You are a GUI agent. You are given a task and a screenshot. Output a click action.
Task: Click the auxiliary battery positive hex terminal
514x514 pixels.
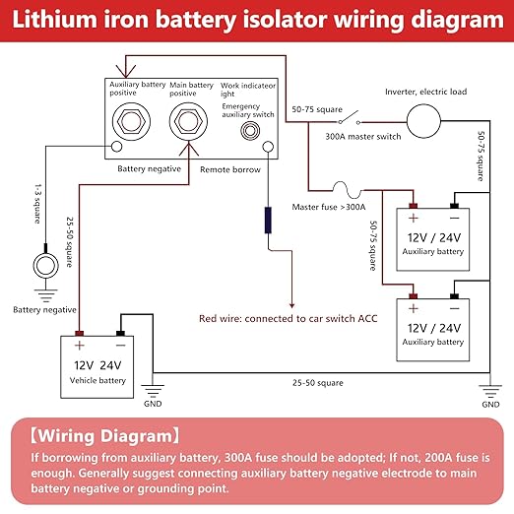(x=131, y=121)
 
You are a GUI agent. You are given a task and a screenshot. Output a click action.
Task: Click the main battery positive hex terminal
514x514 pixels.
(x=188, y=121)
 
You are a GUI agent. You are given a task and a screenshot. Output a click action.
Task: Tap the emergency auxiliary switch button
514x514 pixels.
(x=250, y=131)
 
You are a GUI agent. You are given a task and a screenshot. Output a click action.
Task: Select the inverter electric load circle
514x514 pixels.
(x=423, y=121)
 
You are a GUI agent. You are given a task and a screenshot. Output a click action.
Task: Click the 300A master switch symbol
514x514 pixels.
(x=350, y=118)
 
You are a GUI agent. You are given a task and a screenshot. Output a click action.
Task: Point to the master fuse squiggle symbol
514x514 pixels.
(x=347, y=190)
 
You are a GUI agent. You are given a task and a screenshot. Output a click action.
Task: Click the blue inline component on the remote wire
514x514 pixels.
(x=268, y=220)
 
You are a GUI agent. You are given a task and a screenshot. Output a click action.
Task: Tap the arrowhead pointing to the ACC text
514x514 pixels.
(x=291, y=305)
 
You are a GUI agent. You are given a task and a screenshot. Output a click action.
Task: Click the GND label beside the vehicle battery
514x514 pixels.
(x=153, y=404)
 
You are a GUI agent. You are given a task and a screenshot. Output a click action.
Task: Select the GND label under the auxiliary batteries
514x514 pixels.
(x=490, y=404)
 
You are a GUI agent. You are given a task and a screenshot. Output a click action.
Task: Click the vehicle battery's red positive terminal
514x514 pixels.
(x=79, y=334)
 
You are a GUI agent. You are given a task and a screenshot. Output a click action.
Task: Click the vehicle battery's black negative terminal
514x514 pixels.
(x=120, y=334)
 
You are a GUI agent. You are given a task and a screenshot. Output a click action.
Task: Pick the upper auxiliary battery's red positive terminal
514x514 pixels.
(x=413, y=206)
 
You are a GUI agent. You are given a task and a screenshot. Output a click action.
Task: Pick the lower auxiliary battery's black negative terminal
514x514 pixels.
(x=454, y=296)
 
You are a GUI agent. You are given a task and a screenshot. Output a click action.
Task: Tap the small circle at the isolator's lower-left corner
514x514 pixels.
(x=116, y=146)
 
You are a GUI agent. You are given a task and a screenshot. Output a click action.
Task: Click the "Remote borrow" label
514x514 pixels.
(x=230, y=169)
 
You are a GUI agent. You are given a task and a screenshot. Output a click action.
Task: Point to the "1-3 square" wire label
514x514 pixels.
(x=38, y=204)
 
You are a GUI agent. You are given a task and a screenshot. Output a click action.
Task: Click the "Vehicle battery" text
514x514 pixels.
(x=97, y=380)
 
